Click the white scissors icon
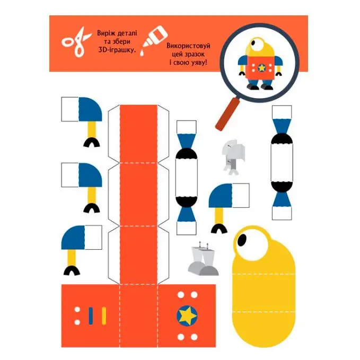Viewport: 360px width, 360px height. (x=76, y=42)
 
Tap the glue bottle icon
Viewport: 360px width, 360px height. (x=153, y=40)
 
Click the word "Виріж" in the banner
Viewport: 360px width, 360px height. (x=106, y=33)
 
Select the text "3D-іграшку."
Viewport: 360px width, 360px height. (x=117, y=50)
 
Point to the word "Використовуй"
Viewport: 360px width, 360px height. (x=188, y=46)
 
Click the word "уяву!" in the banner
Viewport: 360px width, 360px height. (x=198, y=62)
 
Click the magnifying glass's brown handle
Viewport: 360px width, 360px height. (x=227, y=114)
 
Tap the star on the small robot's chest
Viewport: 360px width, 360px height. (x=261, y=68)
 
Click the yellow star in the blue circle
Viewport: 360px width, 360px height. (x=187, y=315)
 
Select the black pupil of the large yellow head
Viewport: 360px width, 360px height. (x=241, y=240)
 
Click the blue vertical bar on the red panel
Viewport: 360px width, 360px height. (x=91, y=315)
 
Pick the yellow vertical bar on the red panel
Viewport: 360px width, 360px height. (x=104, y=315)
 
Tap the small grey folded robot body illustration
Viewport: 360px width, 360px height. (x=233, y=156)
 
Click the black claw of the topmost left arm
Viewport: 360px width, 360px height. (x=91, y=142)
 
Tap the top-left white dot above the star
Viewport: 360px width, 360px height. (x=181, y=294)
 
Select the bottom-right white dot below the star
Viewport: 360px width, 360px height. (x=194, y=337)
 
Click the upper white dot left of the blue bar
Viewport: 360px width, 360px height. (x=77, y=310)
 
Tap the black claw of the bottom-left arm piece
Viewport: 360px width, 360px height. (x=72, y=270)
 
